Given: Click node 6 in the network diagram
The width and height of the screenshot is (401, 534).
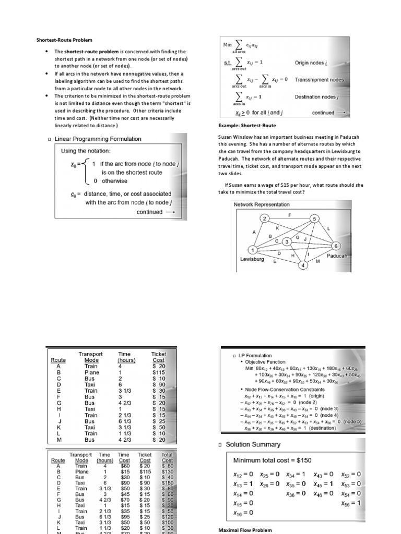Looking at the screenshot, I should [x=336, y=245].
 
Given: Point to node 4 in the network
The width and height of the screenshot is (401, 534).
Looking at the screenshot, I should [x=302, y=265].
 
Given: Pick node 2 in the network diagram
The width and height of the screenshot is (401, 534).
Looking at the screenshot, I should [x=265, y=218].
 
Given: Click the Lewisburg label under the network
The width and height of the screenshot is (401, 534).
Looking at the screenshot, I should [x=253, y=259].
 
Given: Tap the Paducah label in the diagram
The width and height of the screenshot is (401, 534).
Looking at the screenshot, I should [x=337, y=256].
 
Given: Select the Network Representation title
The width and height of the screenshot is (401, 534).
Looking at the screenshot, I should [x=262, y=204].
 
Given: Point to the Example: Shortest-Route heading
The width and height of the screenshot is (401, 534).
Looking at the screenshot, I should [x=247, y=126].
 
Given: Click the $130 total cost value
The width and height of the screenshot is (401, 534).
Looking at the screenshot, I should [x=167, y=471].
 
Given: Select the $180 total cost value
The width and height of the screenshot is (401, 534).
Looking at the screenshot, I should [x=167, y=483].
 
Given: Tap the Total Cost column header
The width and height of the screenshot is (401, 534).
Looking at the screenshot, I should [x=167, y=458].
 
